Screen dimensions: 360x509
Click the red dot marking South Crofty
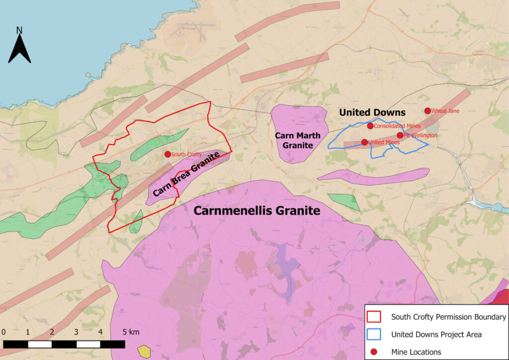tap(168, 155)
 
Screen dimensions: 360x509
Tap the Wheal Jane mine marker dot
tap(427, 111)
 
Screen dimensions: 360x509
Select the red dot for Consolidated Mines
tap(370, 126)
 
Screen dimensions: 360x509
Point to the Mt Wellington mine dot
tap(400, 135)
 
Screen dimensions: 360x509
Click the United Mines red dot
tap(364, 142)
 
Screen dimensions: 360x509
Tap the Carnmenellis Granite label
tap(256, 211)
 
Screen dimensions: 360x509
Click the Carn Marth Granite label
tap(297, 140)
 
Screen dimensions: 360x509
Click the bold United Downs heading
tap(372, 113)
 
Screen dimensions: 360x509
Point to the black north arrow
tap(20, 50)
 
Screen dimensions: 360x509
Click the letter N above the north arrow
tap(19, 30)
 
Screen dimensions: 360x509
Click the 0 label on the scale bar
tap(4, 332)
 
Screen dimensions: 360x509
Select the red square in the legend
tap(374, 317)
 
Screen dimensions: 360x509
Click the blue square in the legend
tap(374, 334)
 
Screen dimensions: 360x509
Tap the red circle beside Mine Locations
tap(374, 352)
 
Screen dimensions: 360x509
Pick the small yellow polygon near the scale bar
tap(144, 351)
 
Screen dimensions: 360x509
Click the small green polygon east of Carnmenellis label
tap(344, 201)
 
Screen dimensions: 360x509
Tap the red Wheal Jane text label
tap(445, 111)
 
